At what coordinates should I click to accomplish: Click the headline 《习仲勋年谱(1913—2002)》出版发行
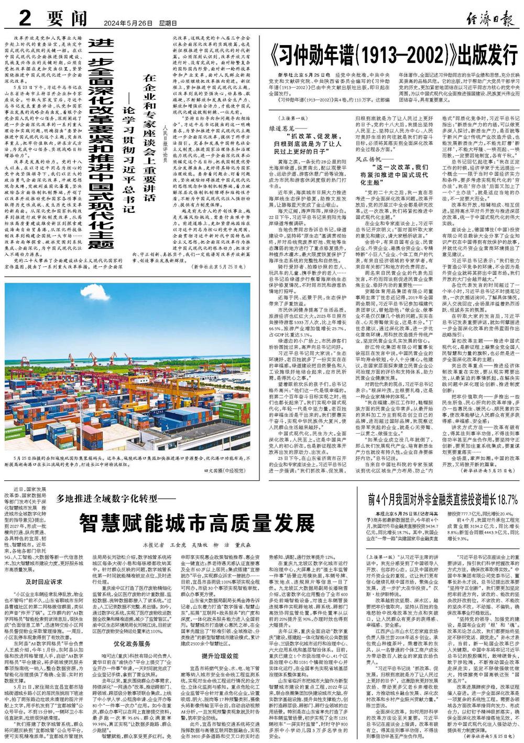tap(392, 53)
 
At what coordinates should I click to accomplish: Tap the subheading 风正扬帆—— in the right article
tap(370, 173)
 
